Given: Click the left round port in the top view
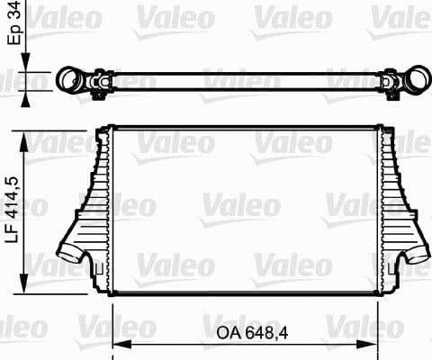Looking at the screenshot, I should pos(68,80).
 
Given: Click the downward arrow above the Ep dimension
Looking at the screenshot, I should pos(24,60).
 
